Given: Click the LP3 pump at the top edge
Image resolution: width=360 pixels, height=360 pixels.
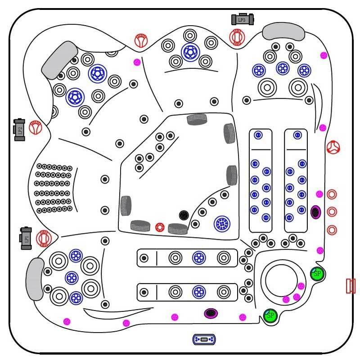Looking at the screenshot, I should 242,19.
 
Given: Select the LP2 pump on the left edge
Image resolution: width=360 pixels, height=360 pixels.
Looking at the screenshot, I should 19,130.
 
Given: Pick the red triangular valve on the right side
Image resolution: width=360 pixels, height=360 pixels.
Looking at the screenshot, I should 333,147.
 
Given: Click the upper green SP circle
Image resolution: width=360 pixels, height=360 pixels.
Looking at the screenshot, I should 317,273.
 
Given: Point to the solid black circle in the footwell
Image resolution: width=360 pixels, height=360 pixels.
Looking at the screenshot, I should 184,215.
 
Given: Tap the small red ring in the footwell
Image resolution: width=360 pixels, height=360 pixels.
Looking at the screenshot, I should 159,227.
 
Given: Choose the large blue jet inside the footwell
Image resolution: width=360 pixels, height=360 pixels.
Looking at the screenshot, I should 221,223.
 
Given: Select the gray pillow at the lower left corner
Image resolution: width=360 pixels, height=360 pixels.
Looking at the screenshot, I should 35,279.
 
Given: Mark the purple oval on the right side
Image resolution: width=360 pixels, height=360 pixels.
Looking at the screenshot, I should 316,211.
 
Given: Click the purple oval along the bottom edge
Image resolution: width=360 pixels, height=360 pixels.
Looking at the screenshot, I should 210,313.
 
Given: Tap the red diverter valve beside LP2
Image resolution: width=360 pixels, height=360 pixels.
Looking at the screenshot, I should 35,127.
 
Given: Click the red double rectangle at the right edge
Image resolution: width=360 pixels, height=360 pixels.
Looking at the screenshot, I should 351,286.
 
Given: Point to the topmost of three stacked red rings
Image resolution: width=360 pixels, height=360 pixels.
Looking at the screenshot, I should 332,194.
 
